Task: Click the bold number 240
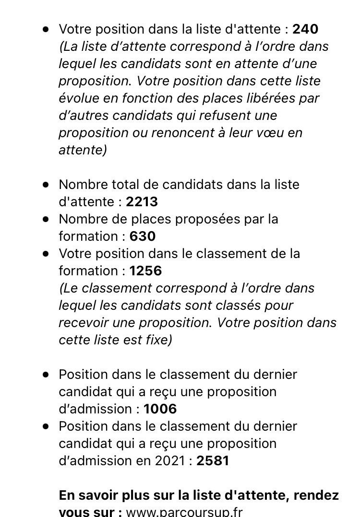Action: coord(305,29)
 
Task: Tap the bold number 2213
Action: coord(142,202)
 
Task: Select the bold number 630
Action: coord(143,236)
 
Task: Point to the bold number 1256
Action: coord(145,271)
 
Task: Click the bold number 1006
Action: coord(160,409)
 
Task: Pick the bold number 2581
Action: coord(213,461)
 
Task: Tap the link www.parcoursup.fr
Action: coord(184,512)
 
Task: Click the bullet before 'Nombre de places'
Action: coord(46,219)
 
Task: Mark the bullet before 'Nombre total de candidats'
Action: coord(46,185)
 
